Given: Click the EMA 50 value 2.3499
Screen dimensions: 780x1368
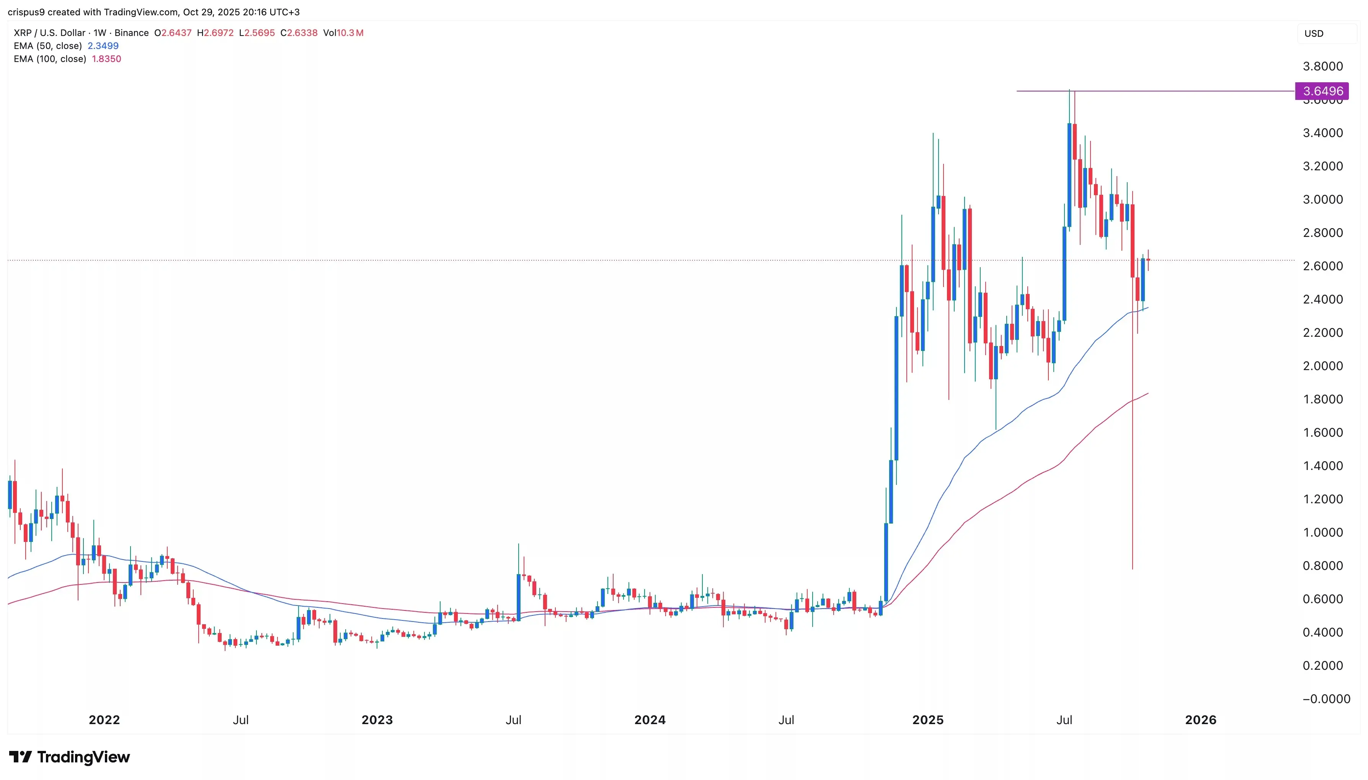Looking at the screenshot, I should point(103,46).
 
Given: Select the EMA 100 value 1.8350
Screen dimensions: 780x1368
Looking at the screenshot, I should point(106,59).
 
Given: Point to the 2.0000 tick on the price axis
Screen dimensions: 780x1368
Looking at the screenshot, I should point(1322,366).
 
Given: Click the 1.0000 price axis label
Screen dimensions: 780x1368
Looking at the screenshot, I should point(1322,532).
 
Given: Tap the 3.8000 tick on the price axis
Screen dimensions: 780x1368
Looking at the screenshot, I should point(1322,67).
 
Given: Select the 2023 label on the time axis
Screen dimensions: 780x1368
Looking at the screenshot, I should point(377,720).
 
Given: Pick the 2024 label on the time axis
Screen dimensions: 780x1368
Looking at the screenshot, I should point(650,720).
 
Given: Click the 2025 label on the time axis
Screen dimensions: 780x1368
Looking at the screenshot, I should point(928,720).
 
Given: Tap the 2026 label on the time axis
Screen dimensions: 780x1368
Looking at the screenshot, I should point(1200,720).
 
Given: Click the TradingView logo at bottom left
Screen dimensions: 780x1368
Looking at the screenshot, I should point(70,757).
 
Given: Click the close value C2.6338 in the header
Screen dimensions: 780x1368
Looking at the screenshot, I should point(299,33).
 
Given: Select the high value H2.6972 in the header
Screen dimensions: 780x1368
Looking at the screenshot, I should point(215,33).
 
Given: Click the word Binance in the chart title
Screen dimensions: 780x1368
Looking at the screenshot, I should point(131,33).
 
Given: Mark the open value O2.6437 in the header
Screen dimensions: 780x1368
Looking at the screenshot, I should point(173,33).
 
